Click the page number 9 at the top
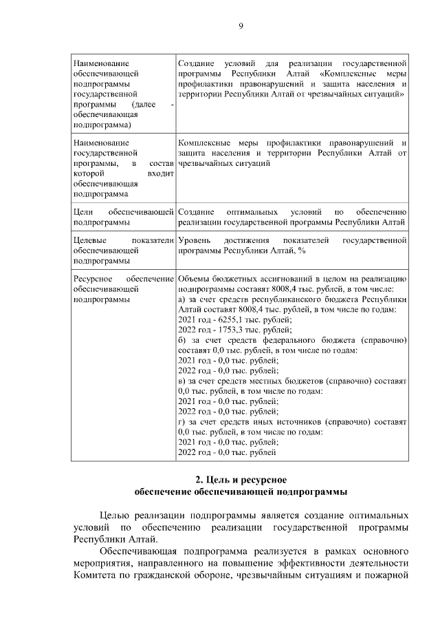pos(241,26)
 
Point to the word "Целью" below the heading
pos(114,514)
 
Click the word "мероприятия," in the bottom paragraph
pos(104,564)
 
